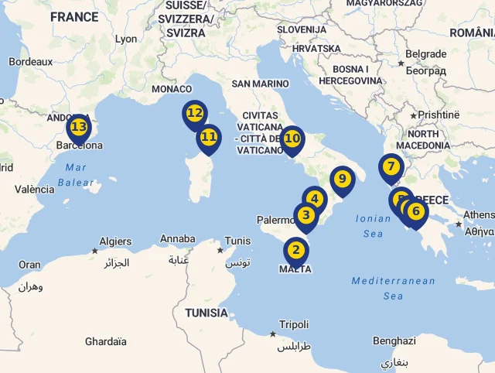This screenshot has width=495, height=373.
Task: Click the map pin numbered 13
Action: (x=78, y=127)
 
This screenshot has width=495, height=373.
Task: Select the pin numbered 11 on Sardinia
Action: (x=208, y=138)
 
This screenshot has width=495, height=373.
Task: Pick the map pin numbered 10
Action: (x=292, y=139)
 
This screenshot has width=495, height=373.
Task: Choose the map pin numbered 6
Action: (x=416, y=211)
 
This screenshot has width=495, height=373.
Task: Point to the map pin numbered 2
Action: (x=295, y=251)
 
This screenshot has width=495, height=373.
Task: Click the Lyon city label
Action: (x=126, y=39)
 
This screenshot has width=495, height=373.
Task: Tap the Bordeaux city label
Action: (x=31, y=61)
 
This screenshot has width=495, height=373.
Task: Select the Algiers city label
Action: (x=115, y=241)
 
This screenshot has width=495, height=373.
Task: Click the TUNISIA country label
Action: (x=207, y=313)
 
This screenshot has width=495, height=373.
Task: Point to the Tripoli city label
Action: (x=294, y=325)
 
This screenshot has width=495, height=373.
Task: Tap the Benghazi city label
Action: (x=394, y=340)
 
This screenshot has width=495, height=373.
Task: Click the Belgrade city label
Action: (x=426, y=54)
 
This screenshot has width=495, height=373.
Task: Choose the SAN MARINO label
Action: (x=260, y=84)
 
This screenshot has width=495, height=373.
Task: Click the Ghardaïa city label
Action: (x=106, y=341)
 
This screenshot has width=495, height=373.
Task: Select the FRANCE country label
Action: (x=74, y=17)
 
